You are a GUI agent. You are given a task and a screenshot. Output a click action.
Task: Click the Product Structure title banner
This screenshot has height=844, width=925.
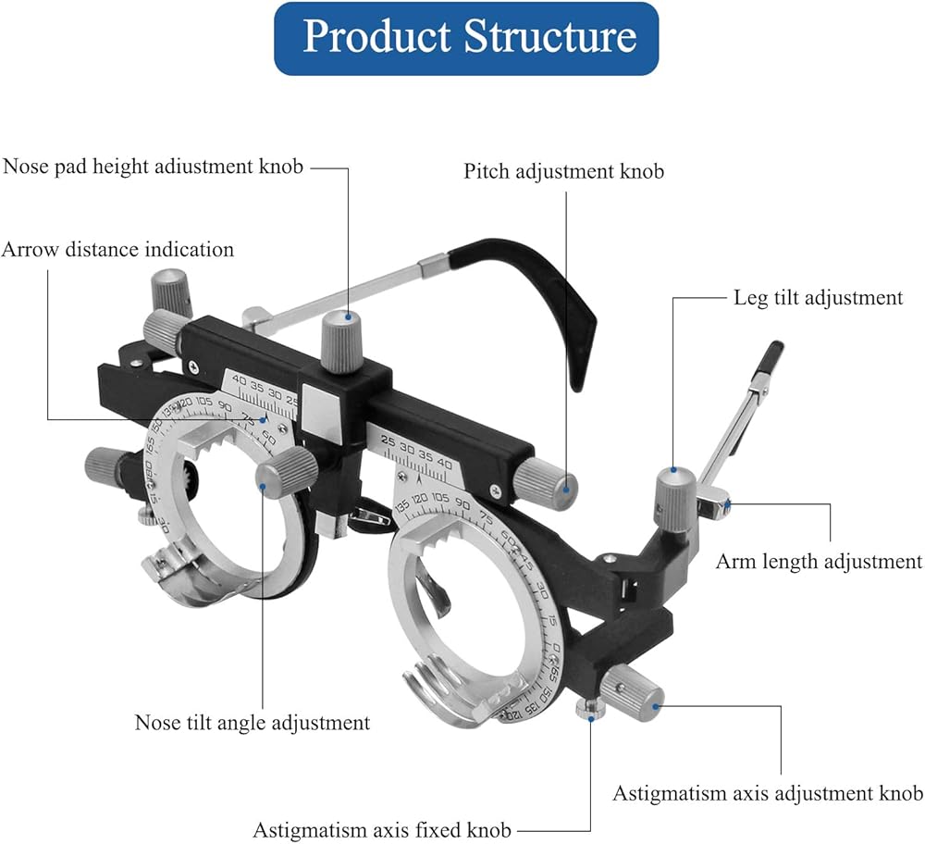point(466,38)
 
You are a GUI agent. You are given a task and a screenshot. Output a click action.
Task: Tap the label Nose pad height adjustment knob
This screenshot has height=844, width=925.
point(154,168)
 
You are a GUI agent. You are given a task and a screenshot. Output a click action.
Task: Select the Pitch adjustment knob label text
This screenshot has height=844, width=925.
point(563,171)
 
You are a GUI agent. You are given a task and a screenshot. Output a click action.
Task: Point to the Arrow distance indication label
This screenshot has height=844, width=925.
point(117,249)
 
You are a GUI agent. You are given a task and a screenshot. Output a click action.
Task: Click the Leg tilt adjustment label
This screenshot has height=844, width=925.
point(818,297)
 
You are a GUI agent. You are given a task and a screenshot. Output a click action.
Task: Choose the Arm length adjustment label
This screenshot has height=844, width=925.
point(819,561)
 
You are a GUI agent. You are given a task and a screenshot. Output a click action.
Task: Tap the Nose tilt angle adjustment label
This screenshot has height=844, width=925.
point(253,722)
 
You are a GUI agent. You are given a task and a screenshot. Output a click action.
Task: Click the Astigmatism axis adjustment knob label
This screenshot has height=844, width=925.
point(768,793)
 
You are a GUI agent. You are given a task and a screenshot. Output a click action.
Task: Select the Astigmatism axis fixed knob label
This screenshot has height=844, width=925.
point(382,830)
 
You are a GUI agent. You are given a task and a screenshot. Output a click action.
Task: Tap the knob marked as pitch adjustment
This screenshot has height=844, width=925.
point(547,481)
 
